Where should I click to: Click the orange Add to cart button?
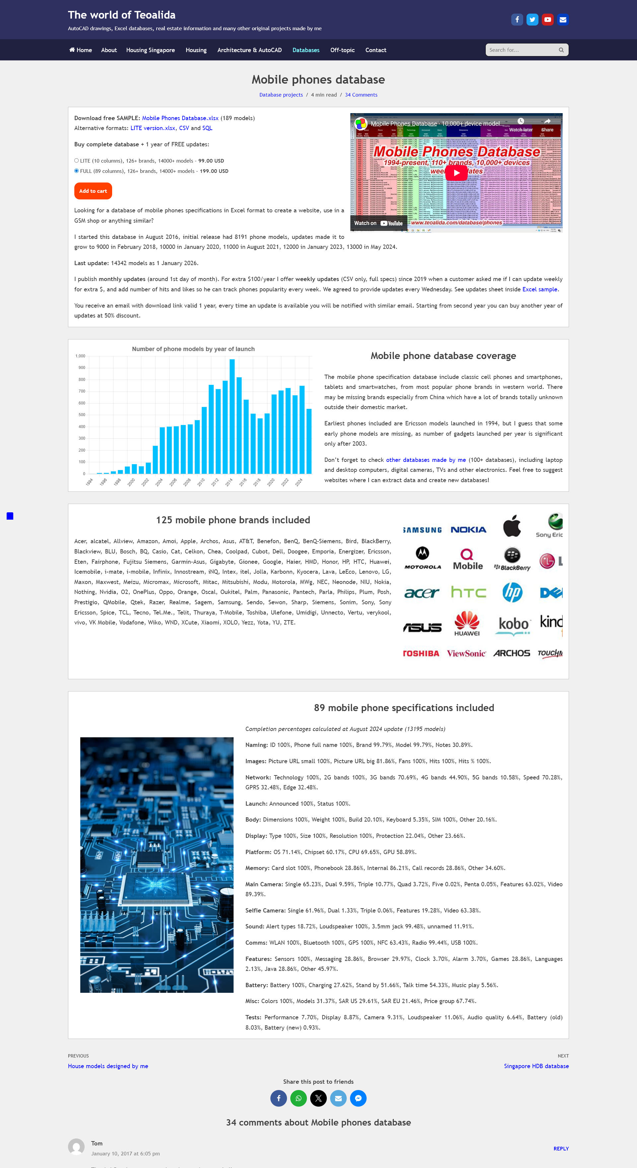tap(93, 191)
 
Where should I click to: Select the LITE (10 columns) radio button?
tap(76, 161)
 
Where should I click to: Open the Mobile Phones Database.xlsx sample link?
tap(180, 118)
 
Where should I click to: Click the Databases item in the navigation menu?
tap(306, 50)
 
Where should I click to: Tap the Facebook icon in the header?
tap(517, 20)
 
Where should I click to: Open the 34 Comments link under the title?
tap(361, 95)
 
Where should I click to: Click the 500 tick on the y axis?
tap(82, 415)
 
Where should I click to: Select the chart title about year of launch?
tap(193, 349)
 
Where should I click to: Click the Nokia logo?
tap(468, 530)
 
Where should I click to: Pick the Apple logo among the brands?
tap(512, 526)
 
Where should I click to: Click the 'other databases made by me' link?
tap(426, 460)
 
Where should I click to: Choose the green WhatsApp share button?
tap(298, 1098)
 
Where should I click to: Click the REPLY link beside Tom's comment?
tap(561, 1148)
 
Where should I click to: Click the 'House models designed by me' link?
tap(108, 1066)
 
